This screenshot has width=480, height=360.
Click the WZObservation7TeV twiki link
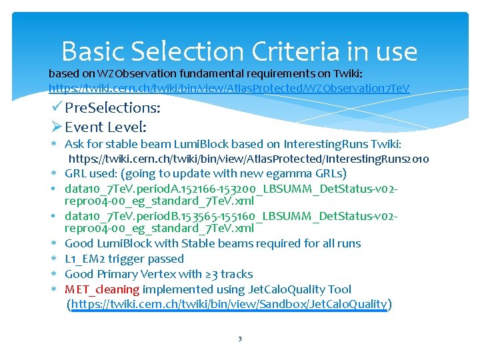229,88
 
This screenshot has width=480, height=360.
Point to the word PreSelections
112,107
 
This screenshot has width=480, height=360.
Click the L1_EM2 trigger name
89,259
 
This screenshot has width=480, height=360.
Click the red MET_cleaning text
102,289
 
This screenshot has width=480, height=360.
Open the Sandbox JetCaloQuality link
229,305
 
